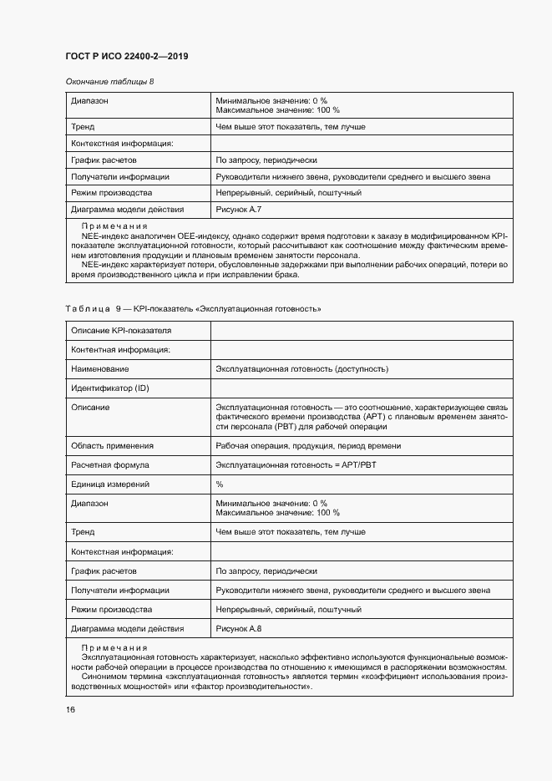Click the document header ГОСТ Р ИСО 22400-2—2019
pos(126,56)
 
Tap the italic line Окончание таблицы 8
pos(109,81)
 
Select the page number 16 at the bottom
pos(71,709)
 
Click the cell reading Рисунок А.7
pos(239,209)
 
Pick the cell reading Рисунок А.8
pos(239,627)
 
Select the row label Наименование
pos(100,368)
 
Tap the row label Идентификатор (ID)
pos(110,388)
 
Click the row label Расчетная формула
pos(110,464)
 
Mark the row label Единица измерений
pos(110,484)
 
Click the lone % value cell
pos(220,484)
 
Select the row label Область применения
pos(113,445)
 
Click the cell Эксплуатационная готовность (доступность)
pos(301,368)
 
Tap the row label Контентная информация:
pos(121,350)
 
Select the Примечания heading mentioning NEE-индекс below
pos(114,226)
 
